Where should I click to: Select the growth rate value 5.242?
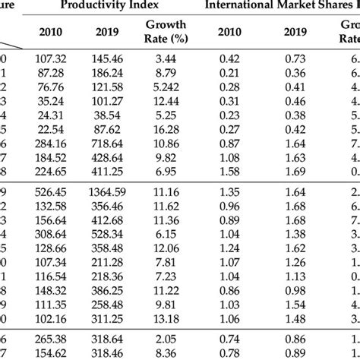[x=166, y=87]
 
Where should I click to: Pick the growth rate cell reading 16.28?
[x=166, y=128]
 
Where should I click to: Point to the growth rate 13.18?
[x=166, y=319]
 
